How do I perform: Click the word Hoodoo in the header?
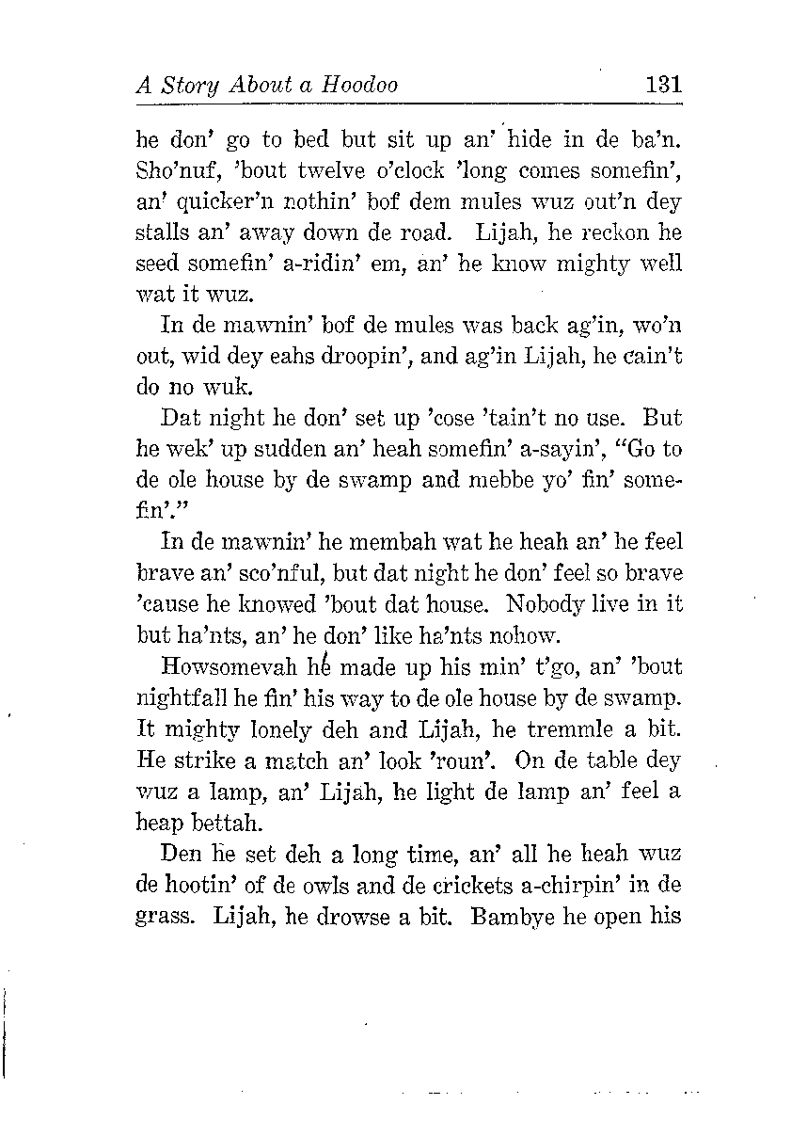pyautogui.click(x=360, y=85)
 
